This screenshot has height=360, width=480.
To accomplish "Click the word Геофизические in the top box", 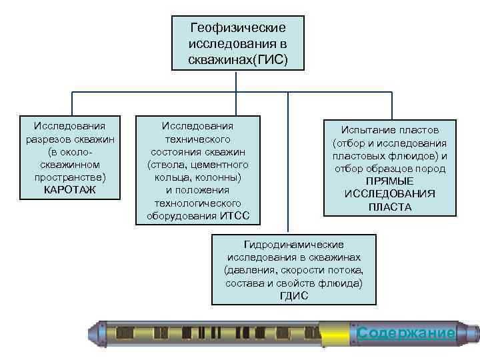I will tap(238, 28).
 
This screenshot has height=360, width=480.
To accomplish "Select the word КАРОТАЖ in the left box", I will tap(70, 190).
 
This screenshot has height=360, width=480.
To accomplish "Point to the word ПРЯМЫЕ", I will tap(390, 181).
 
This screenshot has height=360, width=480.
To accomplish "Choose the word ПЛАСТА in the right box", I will tap(390, 207).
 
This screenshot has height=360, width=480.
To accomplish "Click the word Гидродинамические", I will tap(294, 245).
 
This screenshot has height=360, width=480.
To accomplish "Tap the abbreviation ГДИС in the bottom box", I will tap(294, 295).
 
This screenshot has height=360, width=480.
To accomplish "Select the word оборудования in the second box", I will tap(182, 215).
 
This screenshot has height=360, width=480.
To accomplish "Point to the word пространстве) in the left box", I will tap(70, 177).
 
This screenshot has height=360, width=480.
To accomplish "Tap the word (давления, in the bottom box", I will tap(247, 270).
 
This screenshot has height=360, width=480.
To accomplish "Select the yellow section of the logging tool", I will tap(337, 333).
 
